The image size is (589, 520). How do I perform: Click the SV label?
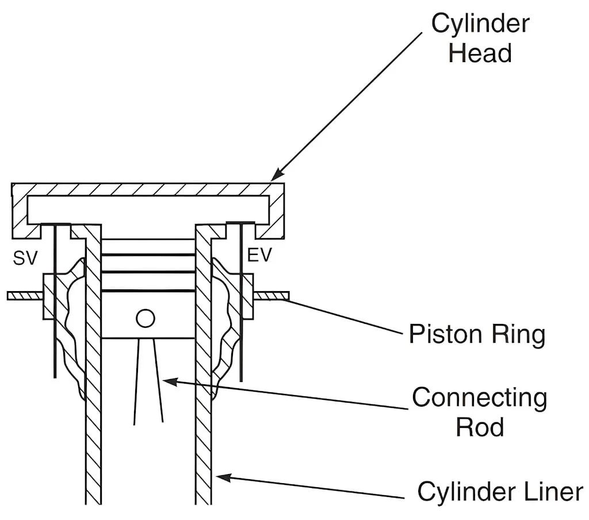(x=25, y=258)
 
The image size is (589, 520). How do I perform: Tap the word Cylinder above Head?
(x=480, y=24)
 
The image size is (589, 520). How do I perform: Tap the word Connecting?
(x=479, y=398)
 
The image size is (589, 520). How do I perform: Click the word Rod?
(x=480, y=427)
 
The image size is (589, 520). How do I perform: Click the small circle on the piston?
(x=146, y=318)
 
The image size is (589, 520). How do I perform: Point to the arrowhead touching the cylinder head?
(x=277, y=174)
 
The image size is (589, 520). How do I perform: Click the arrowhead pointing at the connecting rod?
(x=168, y=380)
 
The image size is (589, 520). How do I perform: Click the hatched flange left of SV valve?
(x=25, y=296)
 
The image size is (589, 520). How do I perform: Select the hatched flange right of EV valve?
(x=271, y=296)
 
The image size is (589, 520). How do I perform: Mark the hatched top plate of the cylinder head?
(x=148, y=189)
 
